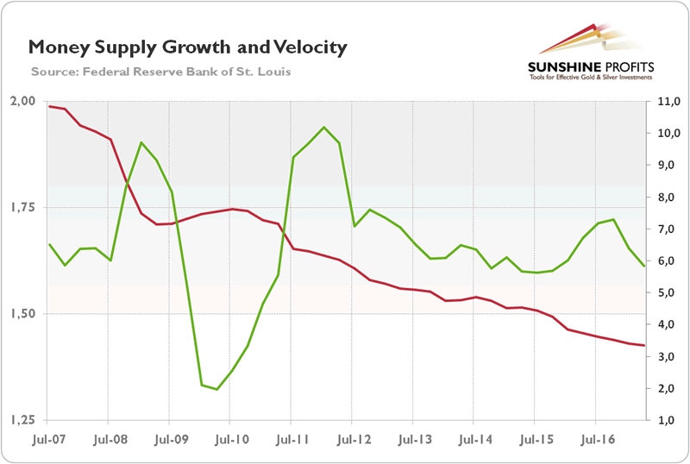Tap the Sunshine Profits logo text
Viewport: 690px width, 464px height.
pyautogui.click(x=593, y=66)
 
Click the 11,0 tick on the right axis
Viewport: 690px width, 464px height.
pyautogui.click(x=666, y=101)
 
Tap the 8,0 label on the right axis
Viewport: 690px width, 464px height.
pyautogui.click(x=666, y=197)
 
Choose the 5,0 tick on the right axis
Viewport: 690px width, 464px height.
pyautogui.click(x=666, y=292)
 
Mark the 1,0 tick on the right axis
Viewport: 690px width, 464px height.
pyautogui.click(x=666, y=420)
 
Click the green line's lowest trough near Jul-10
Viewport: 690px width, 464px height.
pyautogui.click(x=216, y=390)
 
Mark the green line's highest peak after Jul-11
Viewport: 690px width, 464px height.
pyautogui.click(x=323, y=128)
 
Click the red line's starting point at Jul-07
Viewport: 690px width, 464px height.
pyautogui.click(x=50, y=106)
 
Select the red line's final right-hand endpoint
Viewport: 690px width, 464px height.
pyautogui.click(x=644, y=346)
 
